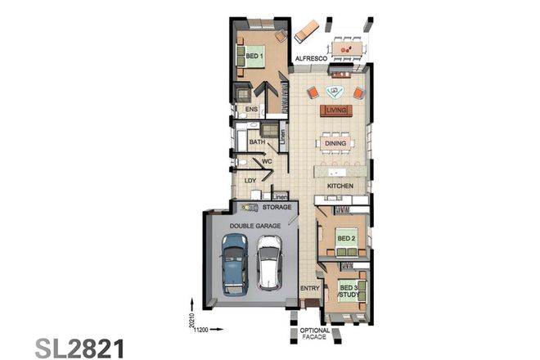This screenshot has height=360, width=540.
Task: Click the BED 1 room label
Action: pos(255,56)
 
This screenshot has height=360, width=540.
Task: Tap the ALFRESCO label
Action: pos(311,60)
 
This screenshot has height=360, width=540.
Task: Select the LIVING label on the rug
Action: pos(336,110)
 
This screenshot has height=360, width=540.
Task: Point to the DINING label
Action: pos(335,143)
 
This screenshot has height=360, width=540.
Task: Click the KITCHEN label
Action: pos(340,187)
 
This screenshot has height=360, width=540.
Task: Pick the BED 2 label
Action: pos(347,238)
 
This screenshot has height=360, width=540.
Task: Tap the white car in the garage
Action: pos(269,262)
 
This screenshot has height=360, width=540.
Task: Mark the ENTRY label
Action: pos(309,289)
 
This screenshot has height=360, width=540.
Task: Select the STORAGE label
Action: pos(277,208)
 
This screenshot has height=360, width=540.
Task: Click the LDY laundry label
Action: pos(250,180)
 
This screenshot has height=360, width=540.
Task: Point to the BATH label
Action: pos(256,142)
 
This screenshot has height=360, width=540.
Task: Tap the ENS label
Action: pos(251,109)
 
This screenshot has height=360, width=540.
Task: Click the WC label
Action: pos(267,161)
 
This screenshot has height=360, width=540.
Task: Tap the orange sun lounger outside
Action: pos(304,31)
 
